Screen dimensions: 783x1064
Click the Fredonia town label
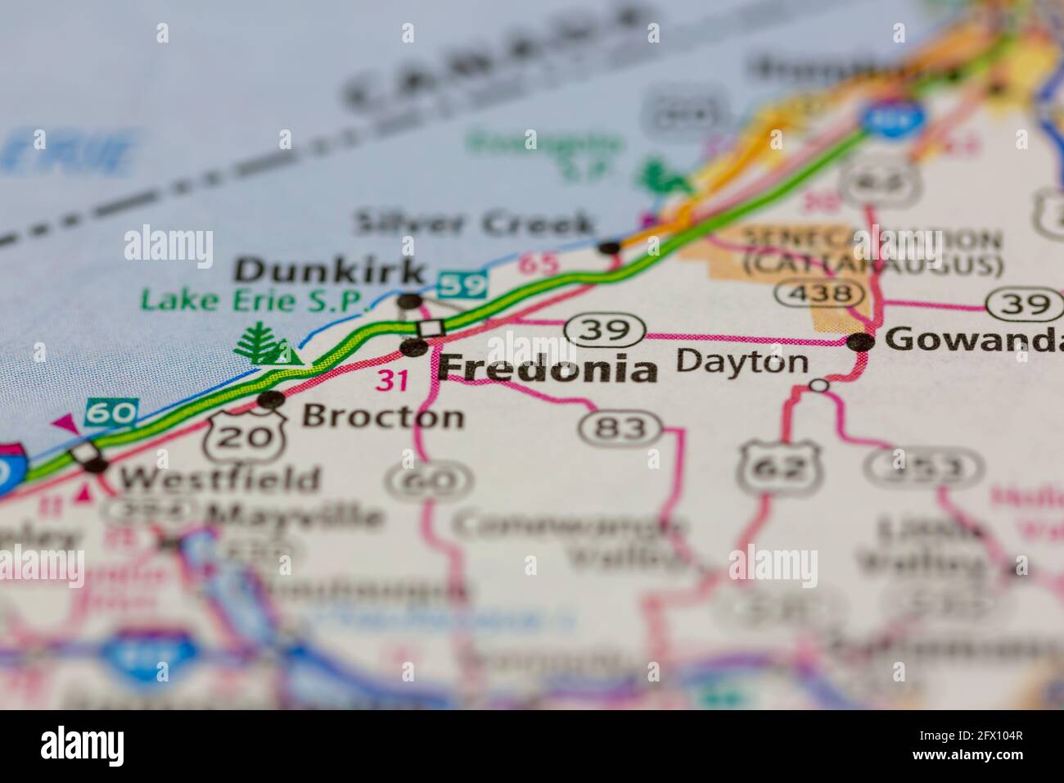pos(548,369)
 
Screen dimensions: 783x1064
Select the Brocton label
pos(383,417)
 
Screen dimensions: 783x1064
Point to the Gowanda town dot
pos(859,343)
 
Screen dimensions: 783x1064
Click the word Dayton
pos(742,362)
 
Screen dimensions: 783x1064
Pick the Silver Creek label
pos(475,224)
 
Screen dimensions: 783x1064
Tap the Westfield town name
pos(219,479)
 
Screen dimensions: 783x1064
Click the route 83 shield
pos(621,427)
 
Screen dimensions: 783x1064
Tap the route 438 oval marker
pos(819,293)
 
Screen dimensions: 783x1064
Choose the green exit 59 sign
pos(462,285)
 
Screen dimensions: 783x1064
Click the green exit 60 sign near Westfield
pos(112,414)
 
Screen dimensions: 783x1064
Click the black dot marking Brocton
pos(270,400)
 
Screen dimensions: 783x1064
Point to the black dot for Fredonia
pos(414,348)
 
